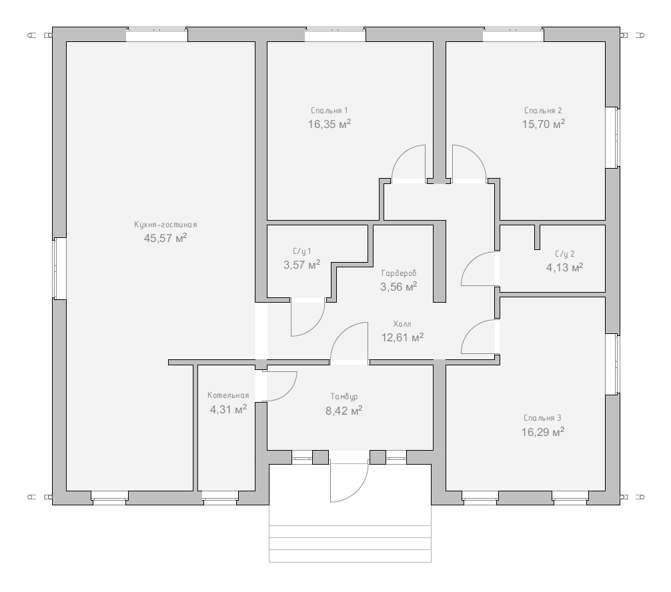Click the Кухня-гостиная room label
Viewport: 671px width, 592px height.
click(x=165, y=225)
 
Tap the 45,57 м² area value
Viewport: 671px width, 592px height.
click(x=165, y=238)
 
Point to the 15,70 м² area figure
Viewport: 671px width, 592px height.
click(x=544, y=124)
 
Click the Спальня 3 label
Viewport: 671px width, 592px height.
click(x=543, y=418)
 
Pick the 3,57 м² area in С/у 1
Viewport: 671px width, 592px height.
click(x=301, y=265)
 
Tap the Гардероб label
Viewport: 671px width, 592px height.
click(x=399, y=273)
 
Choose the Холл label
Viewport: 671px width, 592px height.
click(x=402, y=324)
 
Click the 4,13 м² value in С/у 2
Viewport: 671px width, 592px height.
click(x=564, y=267)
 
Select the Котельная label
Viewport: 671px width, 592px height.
click(x=228, y=395)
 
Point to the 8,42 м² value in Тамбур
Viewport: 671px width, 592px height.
click(x=344, y=411)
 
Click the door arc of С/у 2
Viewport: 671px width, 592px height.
click(x=471, y=261)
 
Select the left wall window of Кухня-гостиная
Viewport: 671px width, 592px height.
click(x=59, y=268)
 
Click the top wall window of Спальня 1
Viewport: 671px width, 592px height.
click(x=335, y=35)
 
